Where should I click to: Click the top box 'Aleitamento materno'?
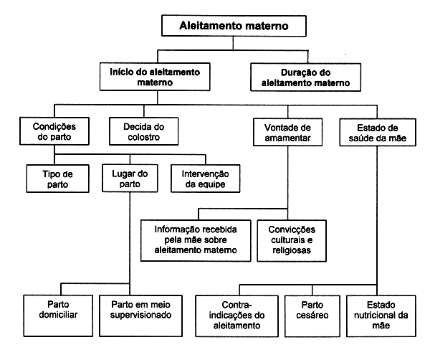(234, 27)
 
